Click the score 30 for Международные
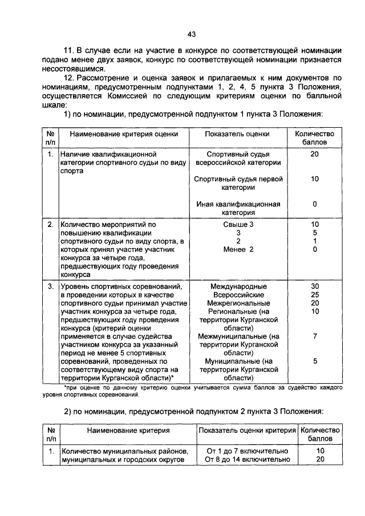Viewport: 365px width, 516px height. click(314, 286)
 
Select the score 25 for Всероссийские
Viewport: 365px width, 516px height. click(314, 295)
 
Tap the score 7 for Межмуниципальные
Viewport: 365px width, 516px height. click(314, 336)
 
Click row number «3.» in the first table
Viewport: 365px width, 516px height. click(51, 286)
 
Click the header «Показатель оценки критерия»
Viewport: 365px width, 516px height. click(247, 430)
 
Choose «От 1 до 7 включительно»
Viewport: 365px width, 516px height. click(247, 451)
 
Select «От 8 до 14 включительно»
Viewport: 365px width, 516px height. click(247, 459)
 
